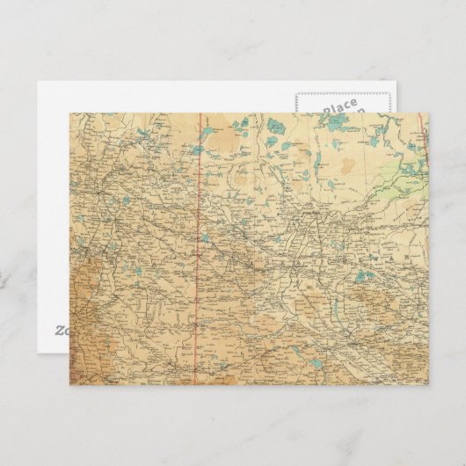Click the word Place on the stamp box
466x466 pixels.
(x=339, y=107)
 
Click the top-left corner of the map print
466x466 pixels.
(x=69, y=113)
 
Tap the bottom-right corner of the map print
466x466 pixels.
(x=428, y=383)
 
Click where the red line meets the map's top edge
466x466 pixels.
(x=199, y=113)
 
